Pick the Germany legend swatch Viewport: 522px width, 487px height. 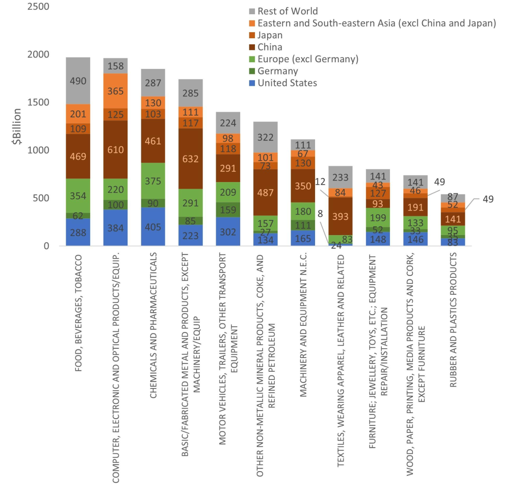251,71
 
